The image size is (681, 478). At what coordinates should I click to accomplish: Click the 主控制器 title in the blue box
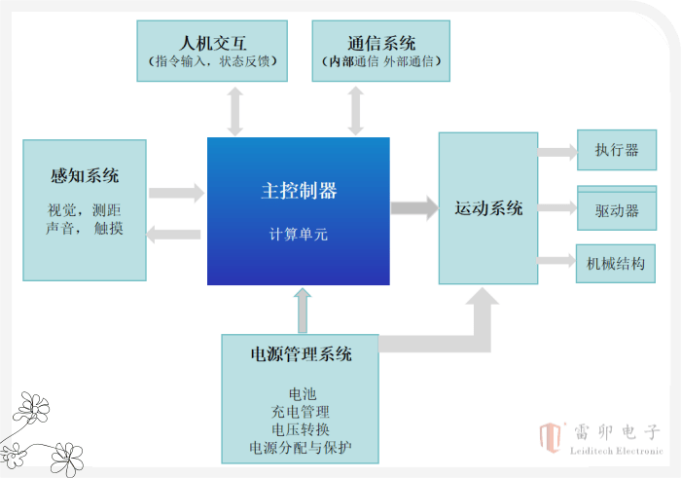coord(299,191)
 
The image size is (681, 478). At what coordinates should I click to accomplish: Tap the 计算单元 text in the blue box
coord(299,235)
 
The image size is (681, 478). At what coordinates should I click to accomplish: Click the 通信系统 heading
coord(380,43)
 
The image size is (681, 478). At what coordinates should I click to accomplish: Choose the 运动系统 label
coord(487,208)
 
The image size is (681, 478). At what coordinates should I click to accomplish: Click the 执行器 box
coord(617,150)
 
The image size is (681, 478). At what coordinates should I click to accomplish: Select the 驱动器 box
coord(617,209)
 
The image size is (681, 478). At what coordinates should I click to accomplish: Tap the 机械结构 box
coord(617,263)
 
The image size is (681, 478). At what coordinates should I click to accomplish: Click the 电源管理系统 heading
coord(299,354)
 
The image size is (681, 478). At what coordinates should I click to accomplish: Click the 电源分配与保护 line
coord(299,449)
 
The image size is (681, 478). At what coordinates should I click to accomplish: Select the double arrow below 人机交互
coord(234,110)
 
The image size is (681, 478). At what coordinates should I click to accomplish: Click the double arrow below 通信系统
coord(355,110)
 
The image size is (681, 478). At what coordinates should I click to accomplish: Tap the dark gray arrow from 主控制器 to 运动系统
coord(413,207)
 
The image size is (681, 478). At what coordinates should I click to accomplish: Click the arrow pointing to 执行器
coord(557,151)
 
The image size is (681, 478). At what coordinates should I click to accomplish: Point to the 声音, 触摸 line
coord(85,230)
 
